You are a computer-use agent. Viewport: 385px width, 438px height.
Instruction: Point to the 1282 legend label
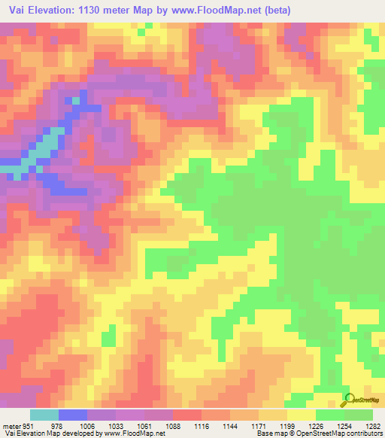(x=372, y=425)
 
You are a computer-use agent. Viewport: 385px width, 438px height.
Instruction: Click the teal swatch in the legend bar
(x=44, y=415)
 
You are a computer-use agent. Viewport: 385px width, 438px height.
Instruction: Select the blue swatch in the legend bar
(x=72, y=415)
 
